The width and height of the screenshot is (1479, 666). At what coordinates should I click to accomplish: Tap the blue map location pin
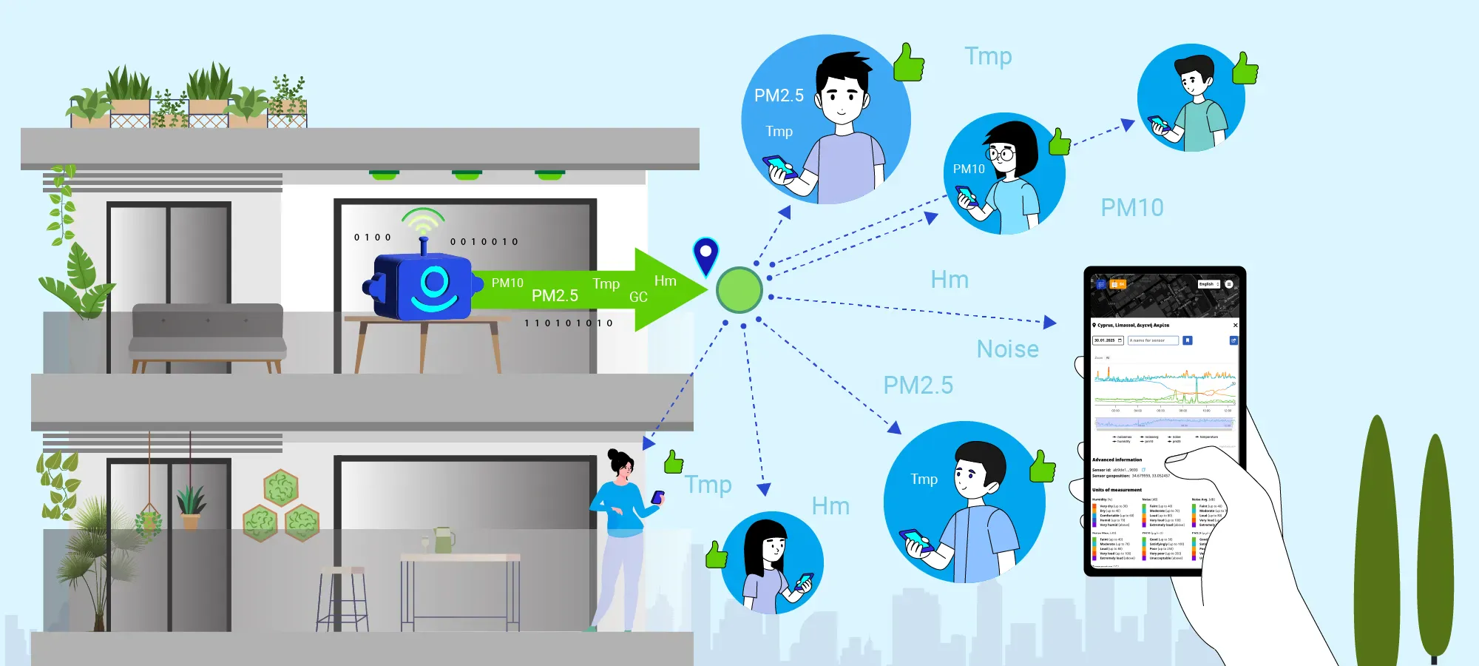(x=705, y=255)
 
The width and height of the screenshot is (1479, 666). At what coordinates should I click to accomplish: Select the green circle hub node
(x=739, y=289)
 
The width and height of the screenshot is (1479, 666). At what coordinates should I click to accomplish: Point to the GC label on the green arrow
(x=638, y=297)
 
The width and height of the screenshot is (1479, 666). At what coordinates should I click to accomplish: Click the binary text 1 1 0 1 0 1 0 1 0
(x=568, y=323)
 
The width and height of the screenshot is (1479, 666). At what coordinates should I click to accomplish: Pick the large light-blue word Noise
(x=1007, y=349)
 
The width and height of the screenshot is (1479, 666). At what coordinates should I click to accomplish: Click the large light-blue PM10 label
(x=1131, y=208)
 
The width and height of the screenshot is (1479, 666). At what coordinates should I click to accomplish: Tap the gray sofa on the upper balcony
(x=207, y=333)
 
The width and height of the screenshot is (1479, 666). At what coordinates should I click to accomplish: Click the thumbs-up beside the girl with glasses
(x=1060, y=141)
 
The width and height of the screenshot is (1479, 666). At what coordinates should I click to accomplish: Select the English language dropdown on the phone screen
(x=1208, y=284)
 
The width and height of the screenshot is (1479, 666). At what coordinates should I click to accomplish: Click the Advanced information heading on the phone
(x=1117, y=460)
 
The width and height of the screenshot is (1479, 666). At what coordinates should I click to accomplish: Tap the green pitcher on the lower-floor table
(x=444, y=540)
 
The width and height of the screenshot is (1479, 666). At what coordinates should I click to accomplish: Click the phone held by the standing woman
(x=657, y=497)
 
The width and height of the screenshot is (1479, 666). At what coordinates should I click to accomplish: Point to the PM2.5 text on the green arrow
(x=555, y=296)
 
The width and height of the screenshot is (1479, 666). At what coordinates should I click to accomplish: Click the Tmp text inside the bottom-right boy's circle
(x=924, y=480)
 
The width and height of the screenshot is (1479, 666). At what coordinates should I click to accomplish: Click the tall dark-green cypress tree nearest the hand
(x=1377, y=540)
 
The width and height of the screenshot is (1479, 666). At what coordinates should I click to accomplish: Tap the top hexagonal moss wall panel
(x=281, y=488)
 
